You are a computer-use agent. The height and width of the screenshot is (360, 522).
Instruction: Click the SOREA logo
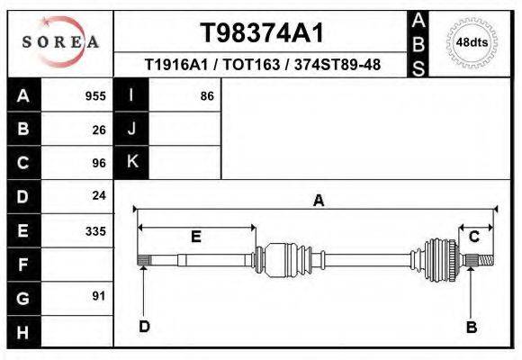coord(59,42)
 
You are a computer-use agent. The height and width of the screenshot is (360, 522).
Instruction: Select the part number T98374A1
coord(261,33)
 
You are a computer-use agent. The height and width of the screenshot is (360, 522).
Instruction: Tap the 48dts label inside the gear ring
coord(472,42)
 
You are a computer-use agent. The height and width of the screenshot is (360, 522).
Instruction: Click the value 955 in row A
coord(95,96)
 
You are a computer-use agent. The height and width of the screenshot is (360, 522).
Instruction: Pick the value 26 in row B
coord(99,130)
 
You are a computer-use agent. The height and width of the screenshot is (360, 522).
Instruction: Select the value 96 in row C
coord(99,163)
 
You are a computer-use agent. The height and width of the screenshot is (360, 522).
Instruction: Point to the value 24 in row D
coord(99,196)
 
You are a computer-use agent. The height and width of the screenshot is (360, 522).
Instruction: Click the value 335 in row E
coord(95,230)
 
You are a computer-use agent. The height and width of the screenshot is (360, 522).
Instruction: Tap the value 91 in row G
coord(99,296)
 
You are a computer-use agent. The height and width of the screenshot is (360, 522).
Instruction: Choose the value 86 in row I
coord(206,96)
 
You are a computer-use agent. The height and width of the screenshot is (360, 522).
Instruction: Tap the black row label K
coord(131,163)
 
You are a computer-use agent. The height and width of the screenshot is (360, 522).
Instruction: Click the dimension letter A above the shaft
coord(318,202)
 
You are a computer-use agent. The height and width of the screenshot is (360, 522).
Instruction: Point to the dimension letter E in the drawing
coord(195,237)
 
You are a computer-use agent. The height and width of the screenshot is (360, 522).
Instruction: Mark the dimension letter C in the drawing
coord(473,236)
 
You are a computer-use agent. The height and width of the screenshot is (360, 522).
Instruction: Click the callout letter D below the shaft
coord(144,327)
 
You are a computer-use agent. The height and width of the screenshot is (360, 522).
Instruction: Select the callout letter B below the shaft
coord(471,327)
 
